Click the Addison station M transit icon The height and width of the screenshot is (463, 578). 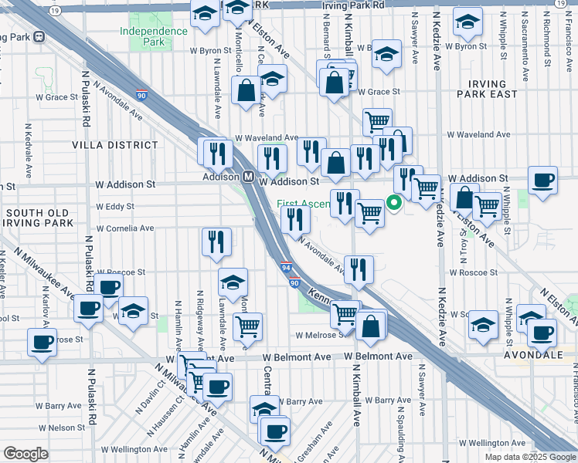pyautogui.click(x=249, y=177)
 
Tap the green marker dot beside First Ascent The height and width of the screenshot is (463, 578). pyautogui.click(x=393, y=204)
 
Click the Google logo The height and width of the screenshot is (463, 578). pyautogui.click(x=25, y=454)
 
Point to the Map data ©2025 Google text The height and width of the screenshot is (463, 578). pyautogui.click(x=529, y=457)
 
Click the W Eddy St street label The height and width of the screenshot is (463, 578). pyautogui.click(x=114, y=207)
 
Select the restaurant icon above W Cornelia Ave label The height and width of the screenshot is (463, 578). pyautogui.click(x=216, y=241)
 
